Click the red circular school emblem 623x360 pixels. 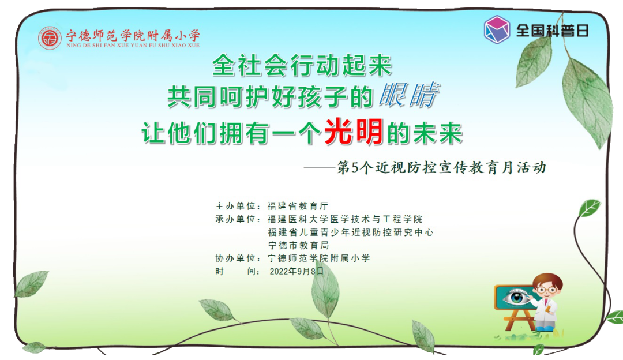pyautogui.click(x=50, y=38)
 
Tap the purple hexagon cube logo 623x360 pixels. pyautogui.click(x=497, y=29)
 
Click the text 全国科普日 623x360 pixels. pyautogui.click(x=552, y=31)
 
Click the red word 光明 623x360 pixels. pyautogui.click(x=354, y=132)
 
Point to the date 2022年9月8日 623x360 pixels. pyautogui.click(x=297, y=271)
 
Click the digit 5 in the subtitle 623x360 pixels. pyautogui.click(x=355, y=168)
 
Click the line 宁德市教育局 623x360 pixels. pyautogui.click(x=298, y=245)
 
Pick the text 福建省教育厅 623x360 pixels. pyautogui.click(x=298, y=206)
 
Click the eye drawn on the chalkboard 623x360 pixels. pyautogui.click(x=516, y=297)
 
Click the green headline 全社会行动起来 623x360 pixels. pyautogui.click(x=302, y=65)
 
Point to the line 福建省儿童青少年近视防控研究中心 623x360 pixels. pyautogui.click(x=351, y=232)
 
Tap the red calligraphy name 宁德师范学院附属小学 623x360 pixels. pyautogui.click(x=133, y=35)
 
